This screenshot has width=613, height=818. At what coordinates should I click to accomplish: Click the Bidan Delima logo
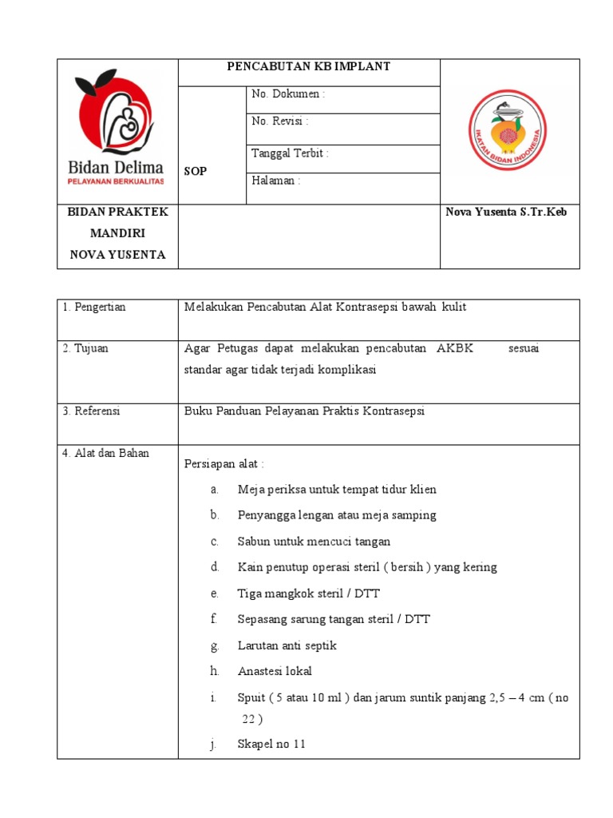coord(118,128)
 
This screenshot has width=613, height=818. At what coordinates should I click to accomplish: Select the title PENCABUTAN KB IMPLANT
coord(309,67)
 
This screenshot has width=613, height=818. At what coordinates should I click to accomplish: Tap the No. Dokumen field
coord(288,94)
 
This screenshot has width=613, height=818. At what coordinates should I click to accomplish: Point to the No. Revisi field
coord(280,122)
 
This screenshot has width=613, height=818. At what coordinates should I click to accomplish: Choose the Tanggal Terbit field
coord(290,153)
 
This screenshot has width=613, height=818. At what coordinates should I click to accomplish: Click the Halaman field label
coord(276,181)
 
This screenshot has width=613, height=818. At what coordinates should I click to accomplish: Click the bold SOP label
coord(196,172)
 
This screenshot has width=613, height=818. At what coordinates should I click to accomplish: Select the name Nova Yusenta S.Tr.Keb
coord(506,212)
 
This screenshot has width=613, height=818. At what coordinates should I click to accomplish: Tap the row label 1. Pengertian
coord(94,307)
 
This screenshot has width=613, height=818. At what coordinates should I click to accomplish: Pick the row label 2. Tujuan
coord(85,348)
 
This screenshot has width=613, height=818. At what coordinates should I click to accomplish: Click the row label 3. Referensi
coord(91,411)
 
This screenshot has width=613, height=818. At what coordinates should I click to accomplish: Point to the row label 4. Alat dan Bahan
coord(105,453)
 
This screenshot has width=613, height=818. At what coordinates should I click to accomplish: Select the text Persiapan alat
coord(223,464)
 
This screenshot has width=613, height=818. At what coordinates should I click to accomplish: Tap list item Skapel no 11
coord(271,745)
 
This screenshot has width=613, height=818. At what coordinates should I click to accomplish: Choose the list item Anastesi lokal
coord(275,671)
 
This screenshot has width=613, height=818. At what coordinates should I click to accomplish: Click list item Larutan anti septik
coord(287,645)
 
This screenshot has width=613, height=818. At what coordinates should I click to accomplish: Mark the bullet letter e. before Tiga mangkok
coord(215,594)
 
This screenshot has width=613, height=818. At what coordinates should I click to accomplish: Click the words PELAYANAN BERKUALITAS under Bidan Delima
coord(115,182)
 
